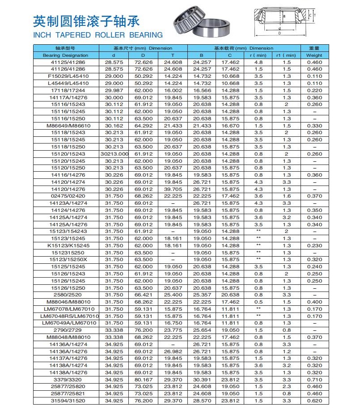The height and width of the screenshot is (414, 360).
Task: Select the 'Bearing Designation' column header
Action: click(x=65, y=55)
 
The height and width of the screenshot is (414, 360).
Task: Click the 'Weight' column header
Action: click(x=314, y=55)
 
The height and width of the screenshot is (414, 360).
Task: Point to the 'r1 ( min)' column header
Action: click(x=286, y=55)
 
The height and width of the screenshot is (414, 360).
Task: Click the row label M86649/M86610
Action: click(x=65, y=126)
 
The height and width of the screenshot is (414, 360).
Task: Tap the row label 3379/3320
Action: click(x=65, y=379)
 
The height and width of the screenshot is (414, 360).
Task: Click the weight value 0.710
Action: click(x=314, y=379)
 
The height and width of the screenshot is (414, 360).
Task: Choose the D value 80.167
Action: click(x=143, y=379)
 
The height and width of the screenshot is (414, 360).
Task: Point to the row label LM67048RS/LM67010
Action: click(x=65, y=316)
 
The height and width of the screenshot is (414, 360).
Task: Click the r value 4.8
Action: click(x=258, y=62)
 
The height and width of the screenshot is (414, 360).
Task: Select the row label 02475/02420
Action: click(x=65, y=196)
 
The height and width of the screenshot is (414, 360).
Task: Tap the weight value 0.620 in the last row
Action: click(x=314, y=401)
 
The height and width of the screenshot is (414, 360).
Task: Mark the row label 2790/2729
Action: click(x=65, y=330)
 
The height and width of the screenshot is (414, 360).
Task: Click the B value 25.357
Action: click(x=202, y=295)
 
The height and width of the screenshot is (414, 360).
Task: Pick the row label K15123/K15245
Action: click(x=65, y=245)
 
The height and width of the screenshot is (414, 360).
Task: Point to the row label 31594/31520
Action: click(x=65, y=401)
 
